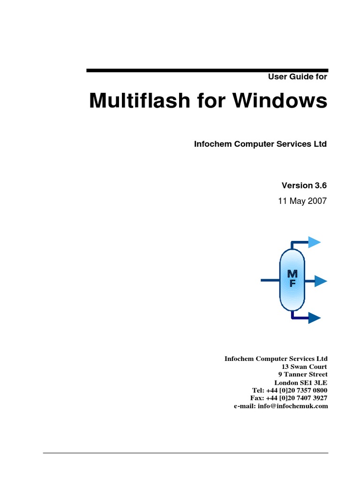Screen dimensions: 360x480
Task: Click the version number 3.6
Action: coord(319,185)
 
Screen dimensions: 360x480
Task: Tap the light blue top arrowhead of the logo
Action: coord(315,242)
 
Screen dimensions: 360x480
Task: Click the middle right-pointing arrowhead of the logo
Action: coord(321,281)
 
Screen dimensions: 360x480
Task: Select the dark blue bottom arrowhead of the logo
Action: coord(315,319)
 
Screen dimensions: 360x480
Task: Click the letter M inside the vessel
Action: coord(292,274)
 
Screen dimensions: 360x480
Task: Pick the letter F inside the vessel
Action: coord(292,284)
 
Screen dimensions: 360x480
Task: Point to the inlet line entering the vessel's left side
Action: coord(270,281)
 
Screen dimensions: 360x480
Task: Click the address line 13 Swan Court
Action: coord(304,367)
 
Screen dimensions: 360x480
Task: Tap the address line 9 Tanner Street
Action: coord(303,375)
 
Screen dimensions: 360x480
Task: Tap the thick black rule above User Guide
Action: coord(207,70)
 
